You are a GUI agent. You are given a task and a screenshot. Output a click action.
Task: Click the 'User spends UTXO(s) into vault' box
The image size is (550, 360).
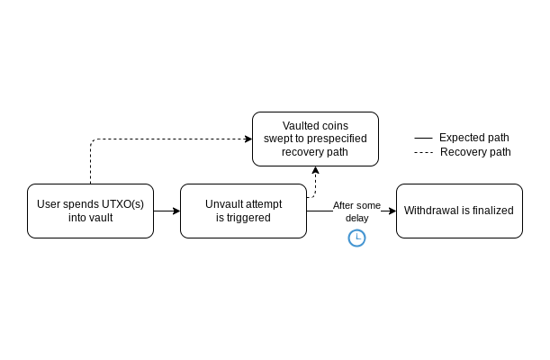click(90, 211)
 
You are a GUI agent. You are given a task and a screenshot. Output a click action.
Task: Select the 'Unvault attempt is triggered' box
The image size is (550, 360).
click(243, 211)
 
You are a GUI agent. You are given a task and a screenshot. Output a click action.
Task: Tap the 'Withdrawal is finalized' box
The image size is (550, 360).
click(459, 211)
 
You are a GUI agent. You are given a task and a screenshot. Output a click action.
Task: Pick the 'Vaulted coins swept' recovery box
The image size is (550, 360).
click(315, 139)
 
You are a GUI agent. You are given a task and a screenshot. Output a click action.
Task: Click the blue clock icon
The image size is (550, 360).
click(357, 238)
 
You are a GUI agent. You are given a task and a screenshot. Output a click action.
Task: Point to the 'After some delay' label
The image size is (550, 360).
click(356, 211)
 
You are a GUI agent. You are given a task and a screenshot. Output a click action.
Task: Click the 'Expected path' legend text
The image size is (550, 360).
click(473, 138)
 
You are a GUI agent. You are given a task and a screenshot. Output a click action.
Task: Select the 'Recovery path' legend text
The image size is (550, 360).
click(475, 152)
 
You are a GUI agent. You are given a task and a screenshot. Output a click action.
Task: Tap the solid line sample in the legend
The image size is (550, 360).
click(423, 139)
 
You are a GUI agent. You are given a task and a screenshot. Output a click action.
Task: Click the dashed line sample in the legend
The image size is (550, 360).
click(423, 153)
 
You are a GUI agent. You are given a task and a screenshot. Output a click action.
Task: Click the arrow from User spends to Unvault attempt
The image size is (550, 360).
click(167, 211)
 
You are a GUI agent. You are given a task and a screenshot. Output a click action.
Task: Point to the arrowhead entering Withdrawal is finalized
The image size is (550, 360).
click(392, 211)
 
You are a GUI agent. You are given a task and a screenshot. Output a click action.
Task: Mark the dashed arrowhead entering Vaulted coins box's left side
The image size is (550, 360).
click(248, 139)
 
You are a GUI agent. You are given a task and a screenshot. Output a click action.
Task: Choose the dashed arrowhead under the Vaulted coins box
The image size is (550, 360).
click(315, 170)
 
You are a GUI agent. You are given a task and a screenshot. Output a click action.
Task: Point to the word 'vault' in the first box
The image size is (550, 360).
click(100, 217)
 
